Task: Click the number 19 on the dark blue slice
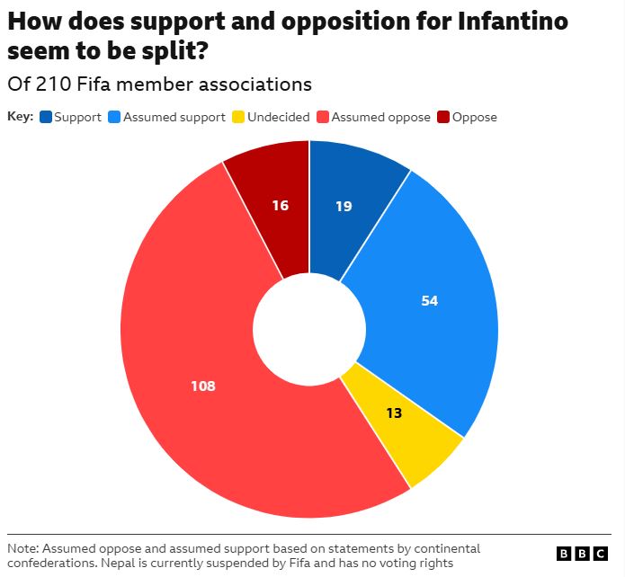(344, 207)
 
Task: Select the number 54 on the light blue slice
(430, 300)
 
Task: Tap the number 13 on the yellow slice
(394, 413)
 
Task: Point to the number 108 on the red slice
(203, 386)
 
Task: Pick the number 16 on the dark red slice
(281, 206)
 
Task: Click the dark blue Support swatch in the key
(46, 117)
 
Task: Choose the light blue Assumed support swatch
(114, 117)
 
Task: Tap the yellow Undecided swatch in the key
(238, 117)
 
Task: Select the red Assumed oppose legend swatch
(323, 117)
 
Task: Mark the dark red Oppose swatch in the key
(443, 117)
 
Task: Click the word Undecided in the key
(279, 117)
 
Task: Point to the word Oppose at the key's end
(475, 118)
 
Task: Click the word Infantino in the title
(513, 22)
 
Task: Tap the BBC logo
(583, 554)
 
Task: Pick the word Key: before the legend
(21, 117)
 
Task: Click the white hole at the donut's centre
(309, 330)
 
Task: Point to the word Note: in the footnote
(23, 549)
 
